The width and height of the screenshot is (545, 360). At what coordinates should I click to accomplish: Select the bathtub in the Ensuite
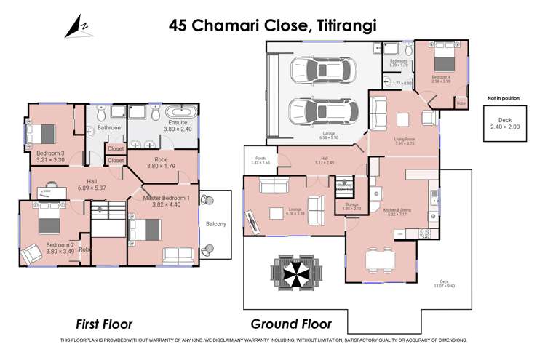click(x=181, y=112)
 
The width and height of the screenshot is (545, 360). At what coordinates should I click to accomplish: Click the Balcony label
click(x=215, y=224)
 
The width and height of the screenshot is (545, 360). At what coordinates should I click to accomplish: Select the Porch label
click(x=259, y=160)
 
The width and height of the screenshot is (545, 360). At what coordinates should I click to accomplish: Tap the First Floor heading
click(x=109, y=324)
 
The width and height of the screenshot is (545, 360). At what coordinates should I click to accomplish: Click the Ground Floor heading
click(x=291, y=324)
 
